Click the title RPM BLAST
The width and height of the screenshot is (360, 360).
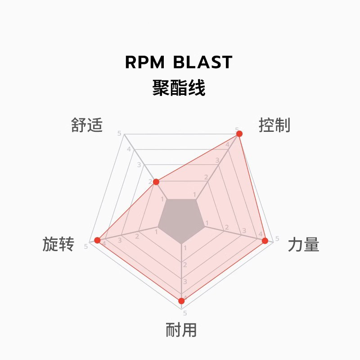tap(179, 62)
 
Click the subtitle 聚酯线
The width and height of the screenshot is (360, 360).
tap(179, 88)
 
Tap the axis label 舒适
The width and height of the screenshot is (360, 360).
tap(87, 125)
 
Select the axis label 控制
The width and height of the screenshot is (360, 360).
tap(274, 125)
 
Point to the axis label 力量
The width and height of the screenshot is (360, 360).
tap(303, 244)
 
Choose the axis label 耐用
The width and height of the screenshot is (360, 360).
tap(181, 329)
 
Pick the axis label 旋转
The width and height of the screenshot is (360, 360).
tap(58, 244)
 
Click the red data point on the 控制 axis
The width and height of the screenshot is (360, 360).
tap(239, 134)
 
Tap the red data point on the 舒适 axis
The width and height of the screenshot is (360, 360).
tap(156, 182)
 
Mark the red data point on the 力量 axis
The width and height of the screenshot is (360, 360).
tap(265, 241)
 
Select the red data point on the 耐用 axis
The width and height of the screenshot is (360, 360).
tap(181, 301)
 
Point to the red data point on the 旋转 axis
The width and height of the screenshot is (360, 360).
tap(98, 240)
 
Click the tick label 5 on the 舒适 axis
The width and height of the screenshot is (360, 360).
tap(119, 133)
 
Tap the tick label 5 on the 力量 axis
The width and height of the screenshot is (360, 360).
tap(277, 238)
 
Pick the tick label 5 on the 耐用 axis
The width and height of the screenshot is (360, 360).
tap(185, 313)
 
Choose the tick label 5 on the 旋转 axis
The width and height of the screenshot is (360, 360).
tap(86, 246)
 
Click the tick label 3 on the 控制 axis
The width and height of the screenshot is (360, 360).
tap(217, 160)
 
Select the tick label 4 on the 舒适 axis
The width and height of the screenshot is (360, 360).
tap(129, 149)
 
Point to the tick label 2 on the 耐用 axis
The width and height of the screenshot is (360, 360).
tap(185, 265)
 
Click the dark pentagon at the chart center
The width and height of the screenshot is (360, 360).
tap(181, 220)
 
